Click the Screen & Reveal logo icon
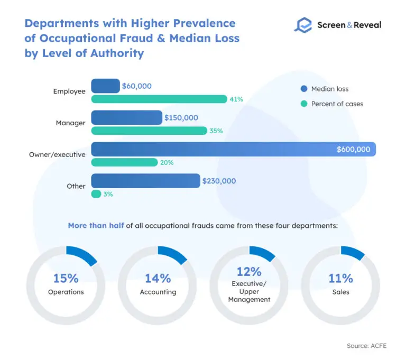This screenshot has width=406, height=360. [x=303, y=25]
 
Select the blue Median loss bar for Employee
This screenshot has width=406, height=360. [x=105, y=86]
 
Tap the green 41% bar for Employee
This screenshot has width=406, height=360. [x=159, y=99]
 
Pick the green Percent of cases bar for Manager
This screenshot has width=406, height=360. [x=149, y=131]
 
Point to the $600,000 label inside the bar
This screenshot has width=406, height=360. [x=353, y=150]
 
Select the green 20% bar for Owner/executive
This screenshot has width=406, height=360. [x=124, y=162]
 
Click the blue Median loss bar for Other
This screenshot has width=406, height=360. [x=145, y=181]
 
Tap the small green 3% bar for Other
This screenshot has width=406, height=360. [x=96, y=194]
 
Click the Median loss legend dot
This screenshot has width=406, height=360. [x=303, y=89]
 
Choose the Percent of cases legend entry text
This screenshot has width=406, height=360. [x=337, y=104]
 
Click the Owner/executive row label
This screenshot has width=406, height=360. [x=57, y=154]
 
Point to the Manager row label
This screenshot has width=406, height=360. [x=70, y=123]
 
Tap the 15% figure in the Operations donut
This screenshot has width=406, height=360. [x=66, y=278]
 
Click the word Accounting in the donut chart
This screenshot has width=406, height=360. [x=158, y=292]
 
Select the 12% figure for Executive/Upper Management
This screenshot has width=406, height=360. [x=250, y=272]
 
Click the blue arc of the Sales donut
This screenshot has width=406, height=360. [x=354, y=253]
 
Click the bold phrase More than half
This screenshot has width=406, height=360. [x=95, y=225]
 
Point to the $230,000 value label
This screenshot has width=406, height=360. [x=219, y=181]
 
